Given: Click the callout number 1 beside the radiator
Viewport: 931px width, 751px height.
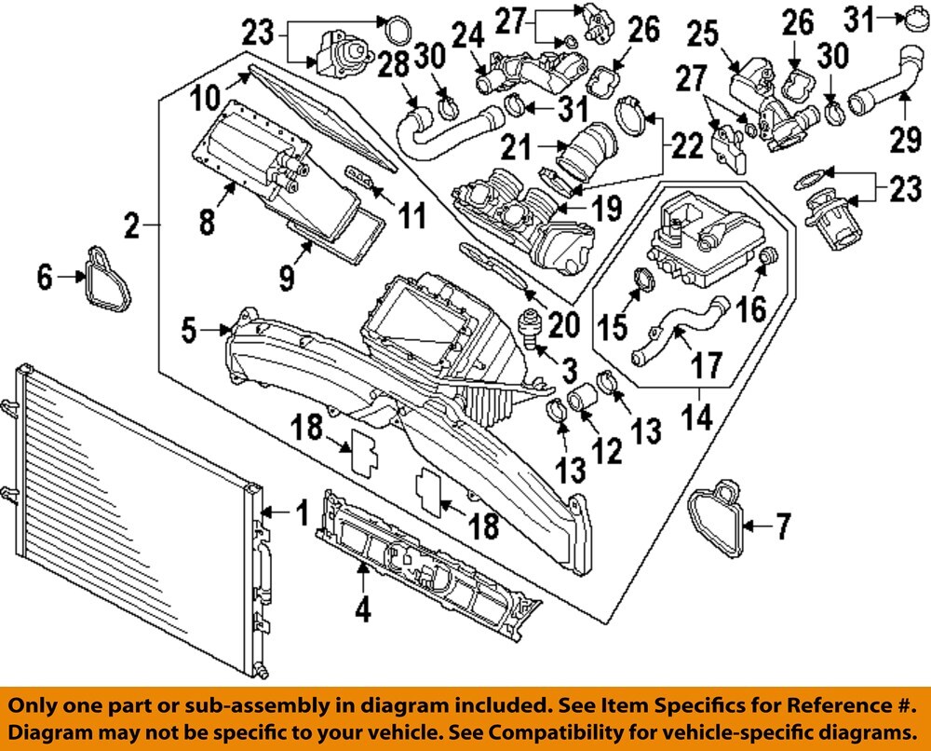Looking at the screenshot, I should coord(301,512).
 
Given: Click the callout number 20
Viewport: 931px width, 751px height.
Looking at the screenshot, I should coord(565,324).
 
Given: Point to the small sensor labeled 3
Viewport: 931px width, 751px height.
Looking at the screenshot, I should coord(532,329).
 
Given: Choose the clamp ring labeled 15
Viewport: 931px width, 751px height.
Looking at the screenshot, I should coord(640,278).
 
